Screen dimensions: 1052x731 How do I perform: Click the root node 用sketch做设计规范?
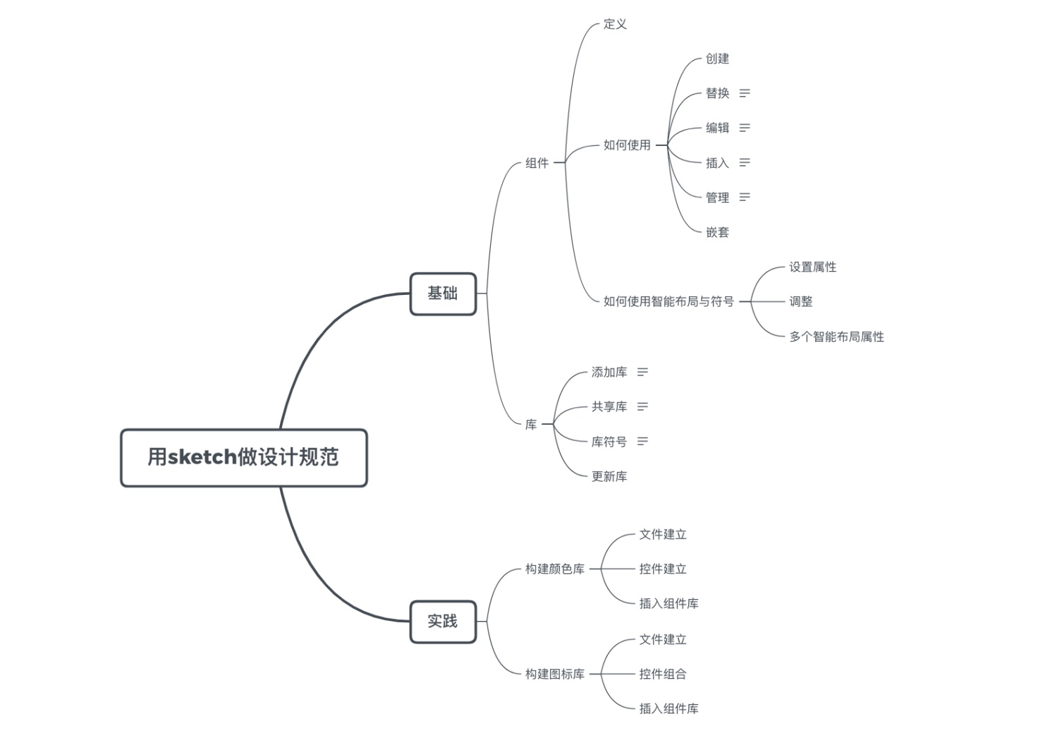tap(244, 457)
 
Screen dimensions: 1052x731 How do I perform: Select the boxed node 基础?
tap(443, 294)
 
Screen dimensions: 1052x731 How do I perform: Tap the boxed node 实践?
tap(443, 622)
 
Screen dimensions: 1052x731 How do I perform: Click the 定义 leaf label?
tap(615, 24)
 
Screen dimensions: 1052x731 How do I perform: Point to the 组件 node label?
tap(537, 163)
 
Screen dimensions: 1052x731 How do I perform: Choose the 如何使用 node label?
tap(627, 145)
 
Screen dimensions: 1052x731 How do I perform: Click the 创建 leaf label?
tap(717, 59)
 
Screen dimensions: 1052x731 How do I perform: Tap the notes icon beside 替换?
tap(745, 93)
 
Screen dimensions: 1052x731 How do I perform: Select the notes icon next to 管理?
tap(745, 197)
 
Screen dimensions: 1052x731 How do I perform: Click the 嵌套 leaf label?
tap(717, 232)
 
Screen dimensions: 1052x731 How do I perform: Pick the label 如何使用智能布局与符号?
tap(668, 301)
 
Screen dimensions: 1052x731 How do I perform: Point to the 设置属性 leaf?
tap(812, 267)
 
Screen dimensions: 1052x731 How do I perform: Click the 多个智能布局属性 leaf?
tap(836, 337)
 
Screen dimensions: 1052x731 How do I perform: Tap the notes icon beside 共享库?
tap(642, 406)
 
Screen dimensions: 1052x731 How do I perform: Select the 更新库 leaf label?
tap(609, 476)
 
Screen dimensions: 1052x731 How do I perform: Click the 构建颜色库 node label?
tap(555, 569)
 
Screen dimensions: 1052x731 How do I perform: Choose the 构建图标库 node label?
tap(555, 674)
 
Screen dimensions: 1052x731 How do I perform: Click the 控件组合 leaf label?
tap(663, 674)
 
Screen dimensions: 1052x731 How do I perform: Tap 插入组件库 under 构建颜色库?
tap(668, 603)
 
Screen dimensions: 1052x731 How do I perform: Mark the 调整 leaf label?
tap(801, 301)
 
